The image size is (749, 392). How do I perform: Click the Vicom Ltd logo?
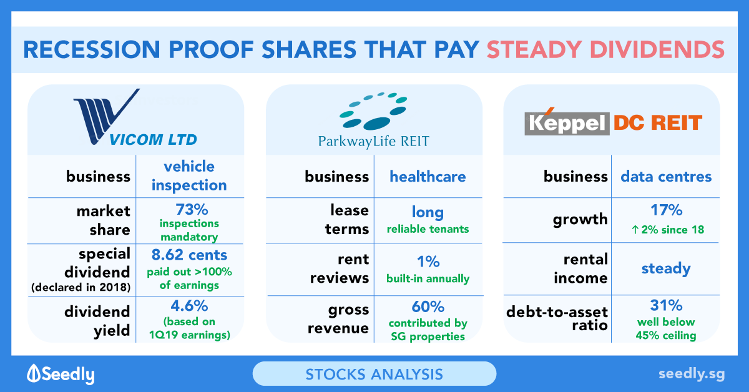click(x=135, y=117)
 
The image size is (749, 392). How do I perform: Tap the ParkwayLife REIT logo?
click(x=373, y=120)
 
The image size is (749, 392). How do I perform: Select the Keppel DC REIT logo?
click(x=613, y=122)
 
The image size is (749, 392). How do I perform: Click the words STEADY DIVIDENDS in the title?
click(x=605, y=50)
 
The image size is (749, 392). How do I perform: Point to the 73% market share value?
click(x=192, y=210)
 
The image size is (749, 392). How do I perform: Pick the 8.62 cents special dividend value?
click(x=189, y=255)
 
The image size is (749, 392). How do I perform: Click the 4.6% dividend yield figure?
click(x=189, y=306)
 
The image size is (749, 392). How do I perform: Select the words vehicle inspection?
click(x=189, y=175)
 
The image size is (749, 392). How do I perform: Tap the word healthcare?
click(x=428, y=176)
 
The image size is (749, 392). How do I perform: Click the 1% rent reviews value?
click(x=428, y=261)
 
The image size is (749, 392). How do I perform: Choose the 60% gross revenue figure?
click(x=428, y=306)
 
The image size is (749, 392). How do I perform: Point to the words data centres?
click(x=666, y=176)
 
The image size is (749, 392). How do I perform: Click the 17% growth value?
click(x=666, y=210)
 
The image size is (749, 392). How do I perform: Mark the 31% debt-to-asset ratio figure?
click(x=666, y=305)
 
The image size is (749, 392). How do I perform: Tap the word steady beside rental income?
click(x=666, y=268)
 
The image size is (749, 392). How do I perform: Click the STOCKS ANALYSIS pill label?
click(x=374, y=375)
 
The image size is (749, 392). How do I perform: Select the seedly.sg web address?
click(x=692, y=374)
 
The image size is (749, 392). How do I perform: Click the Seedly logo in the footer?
click(x=61, y=375)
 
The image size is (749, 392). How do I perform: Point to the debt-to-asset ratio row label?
click(x=557, y=318)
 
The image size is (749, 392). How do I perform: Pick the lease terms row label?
click(x=347, y=220)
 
